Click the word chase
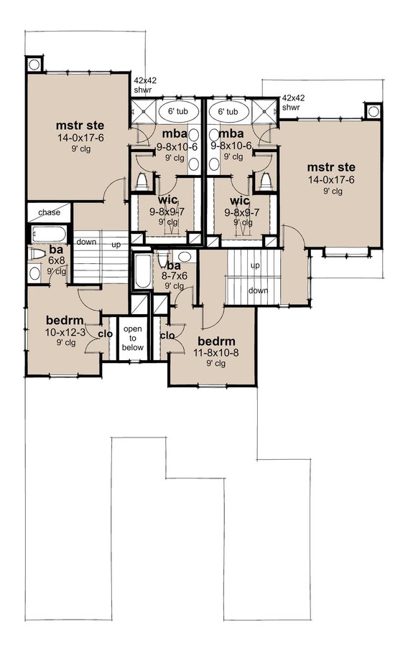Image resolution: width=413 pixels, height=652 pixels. tap(50, 212)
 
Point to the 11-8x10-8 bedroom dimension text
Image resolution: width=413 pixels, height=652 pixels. tap(213, 353)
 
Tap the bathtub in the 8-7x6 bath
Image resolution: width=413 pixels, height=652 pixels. tap(142, 272)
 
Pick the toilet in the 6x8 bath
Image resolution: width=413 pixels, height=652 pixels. tap(36, 253)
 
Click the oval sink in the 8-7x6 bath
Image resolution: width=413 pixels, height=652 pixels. tap(185, 256)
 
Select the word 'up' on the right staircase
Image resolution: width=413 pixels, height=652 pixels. tap(255, 265)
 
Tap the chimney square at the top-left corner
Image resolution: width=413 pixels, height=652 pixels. tap(34, 64)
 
